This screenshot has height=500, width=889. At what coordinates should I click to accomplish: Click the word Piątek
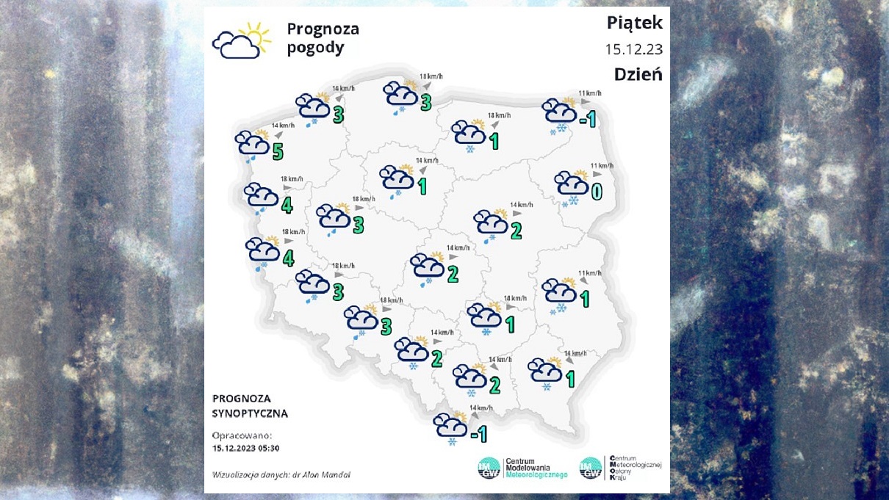634,23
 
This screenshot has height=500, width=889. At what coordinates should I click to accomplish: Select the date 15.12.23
633,49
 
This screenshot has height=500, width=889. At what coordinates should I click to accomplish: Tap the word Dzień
638,74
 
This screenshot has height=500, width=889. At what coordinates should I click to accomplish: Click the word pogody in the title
315,48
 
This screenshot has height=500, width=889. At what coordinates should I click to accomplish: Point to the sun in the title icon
255,32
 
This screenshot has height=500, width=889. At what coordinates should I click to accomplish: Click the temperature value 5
276,151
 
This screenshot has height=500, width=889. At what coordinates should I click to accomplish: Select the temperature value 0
597,192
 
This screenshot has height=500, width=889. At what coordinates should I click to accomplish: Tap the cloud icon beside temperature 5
251,143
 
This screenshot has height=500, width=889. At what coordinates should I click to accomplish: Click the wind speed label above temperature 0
601,166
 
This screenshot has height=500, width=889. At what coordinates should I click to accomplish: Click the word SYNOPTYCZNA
250,413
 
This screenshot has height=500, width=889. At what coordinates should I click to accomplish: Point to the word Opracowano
242,435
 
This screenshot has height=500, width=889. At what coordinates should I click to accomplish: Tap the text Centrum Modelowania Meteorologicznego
536,468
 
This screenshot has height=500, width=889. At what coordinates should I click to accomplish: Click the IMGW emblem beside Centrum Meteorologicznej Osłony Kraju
591,468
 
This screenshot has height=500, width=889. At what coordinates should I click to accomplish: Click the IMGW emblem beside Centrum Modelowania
489,468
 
